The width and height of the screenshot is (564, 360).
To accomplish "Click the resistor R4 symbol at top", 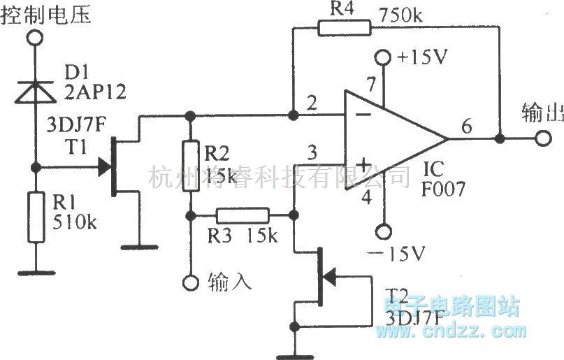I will pyautogui.click(x=343, y=28).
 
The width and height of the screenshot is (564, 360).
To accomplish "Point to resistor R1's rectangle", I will pyautogui.click(x=34, y=216).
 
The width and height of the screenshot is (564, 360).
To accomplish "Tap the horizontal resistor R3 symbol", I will pyautogui.click(x=243, y=215).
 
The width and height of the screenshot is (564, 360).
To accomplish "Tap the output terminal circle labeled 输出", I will pyautogui.click(x=542, y=138).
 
